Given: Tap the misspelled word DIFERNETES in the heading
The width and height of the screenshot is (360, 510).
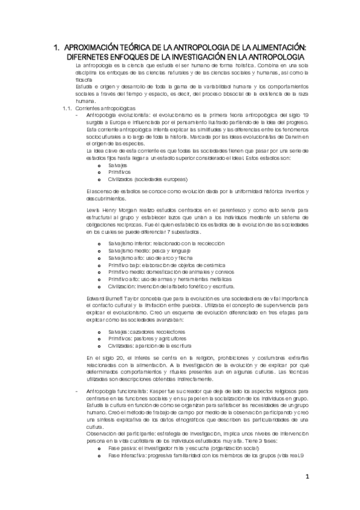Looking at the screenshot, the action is (96, 56).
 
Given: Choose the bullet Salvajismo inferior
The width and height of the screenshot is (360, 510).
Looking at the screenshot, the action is (157, 243).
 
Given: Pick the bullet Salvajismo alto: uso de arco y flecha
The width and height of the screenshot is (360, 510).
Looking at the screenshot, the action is (154, 257).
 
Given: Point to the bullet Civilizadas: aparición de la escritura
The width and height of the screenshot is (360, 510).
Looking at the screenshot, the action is (150, 346).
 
